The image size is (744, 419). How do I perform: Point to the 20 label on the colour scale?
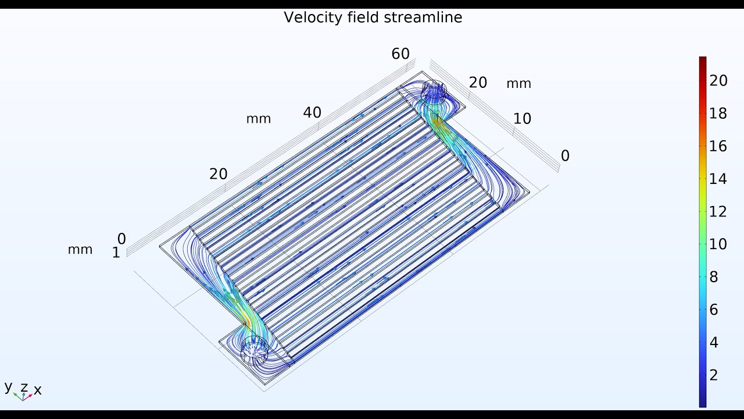[718, 81]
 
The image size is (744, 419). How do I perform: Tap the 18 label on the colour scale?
[718, 113]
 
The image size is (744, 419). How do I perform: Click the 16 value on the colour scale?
[718, 146]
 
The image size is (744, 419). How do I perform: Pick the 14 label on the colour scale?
[718, 179]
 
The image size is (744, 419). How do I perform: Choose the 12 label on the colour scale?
[718, 211]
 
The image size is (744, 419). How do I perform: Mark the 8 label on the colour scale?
[714, 277]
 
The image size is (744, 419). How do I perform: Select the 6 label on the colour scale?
[714, 310]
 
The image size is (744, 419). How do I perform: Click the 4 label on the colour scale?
[714, 342]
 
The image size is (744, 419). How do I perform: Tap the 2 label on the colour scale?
[714, 375]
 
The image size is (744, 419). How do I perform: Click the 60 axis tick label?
[400, 54]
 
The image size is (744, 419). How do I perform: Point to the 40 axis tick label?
[312, 113]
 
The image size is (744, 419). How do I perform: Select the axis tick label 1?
[116, 253]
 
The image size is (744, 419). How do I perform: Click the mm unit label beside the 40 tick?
[259, 119]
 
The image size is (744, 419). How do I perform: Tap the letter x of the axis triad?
[38, 390]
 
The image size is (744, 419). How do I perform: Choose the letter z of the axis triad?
[24, 386]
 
